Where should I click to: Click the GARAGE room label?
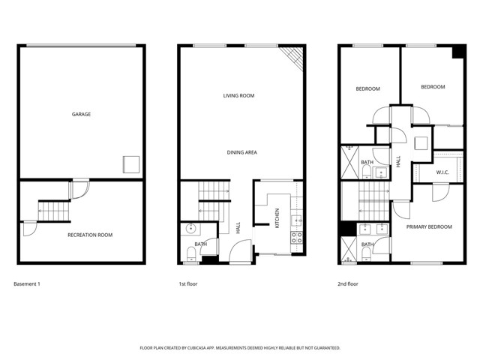pos(81,115)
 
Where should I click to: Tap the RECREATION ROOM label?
pos(90,235)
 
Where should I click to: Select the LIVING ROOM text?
pos(239,95)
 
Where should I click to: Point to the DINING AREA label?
pos(242,152)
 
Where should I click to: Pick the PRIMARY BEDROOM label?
pos(429,226)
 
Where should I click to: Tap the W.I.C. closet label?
pos(442,173)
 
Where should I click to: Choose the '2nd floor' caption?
pos(349,284)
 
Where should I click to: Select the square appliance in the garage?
pos(132,164)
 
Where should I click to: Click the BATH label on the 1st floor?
pos(201,244)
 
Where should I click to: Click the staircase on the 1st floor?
pos(213,202)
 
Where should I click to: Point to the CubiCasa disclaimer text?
pos(240,348)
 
